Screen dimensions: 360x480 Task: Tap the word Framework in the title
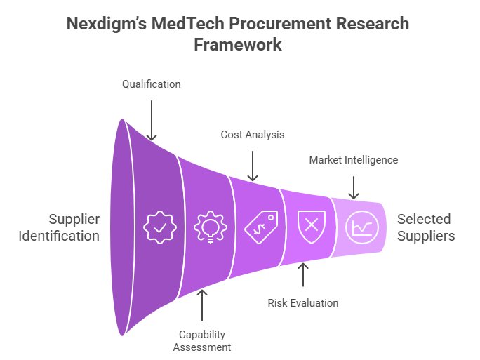(238, 45)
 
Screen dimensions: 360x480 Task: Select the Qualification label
(152, 84)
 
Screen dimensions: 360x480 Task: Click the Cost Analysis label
(253, 134)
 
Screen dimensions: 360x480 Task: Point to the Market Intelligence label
(354, 160)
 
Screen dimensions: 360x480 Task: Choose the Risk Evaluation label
(303, 303)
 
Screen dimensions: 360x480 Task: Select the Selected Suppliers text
(426, 227)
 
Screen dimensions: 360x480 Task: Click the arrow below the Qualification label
(152, 120)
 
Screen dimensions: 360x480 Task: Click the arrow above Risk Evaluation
(303, 274)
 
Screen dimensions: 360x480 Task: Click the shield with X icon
(310, 227)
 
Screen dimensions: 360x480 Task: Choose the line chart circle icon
(361, 227)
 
